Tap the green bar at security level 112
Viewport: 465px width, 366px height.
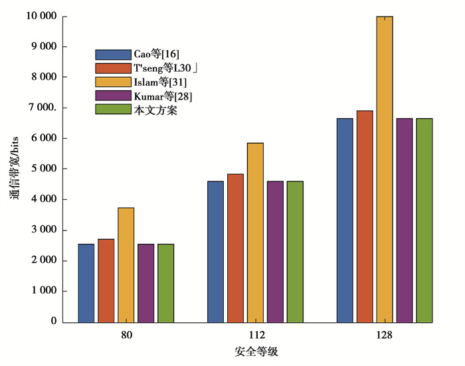(295, 252)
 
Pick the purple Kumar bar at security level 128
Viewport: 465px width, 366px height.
(405, 220)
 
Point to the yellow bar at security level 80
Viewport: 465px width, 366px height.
(126, 265)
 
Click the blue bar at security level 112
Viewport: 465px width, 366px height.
(215, 252)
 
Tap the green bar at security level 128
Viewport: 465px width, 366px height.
(424, 220)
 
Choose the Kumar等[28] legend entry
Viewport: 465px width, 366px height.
(162, 96)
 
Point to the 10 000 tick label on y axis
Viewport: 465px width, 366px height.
(41, 16)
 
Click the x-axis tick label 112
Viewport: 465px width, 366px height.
(256, 335)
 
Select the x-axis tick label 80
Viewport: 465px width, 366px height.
(126, 335)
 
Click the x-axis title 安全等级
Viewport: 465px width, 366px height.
(256, 352)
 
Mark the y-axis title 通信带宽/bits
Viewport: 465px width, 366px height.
(14, 169)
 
